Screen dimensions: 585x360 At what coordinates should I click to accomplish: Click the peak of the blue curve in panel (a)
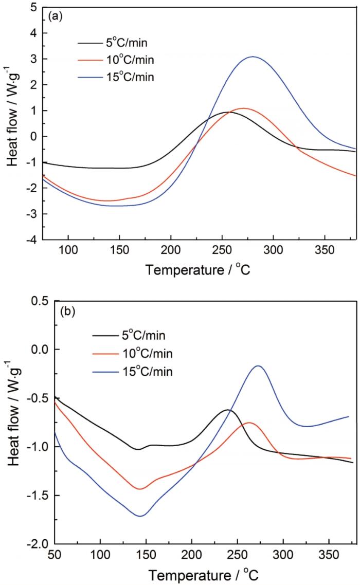coord(253,57)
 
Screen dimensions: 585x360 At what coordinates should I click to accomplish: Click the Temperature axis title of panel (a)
coord(199,269)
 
